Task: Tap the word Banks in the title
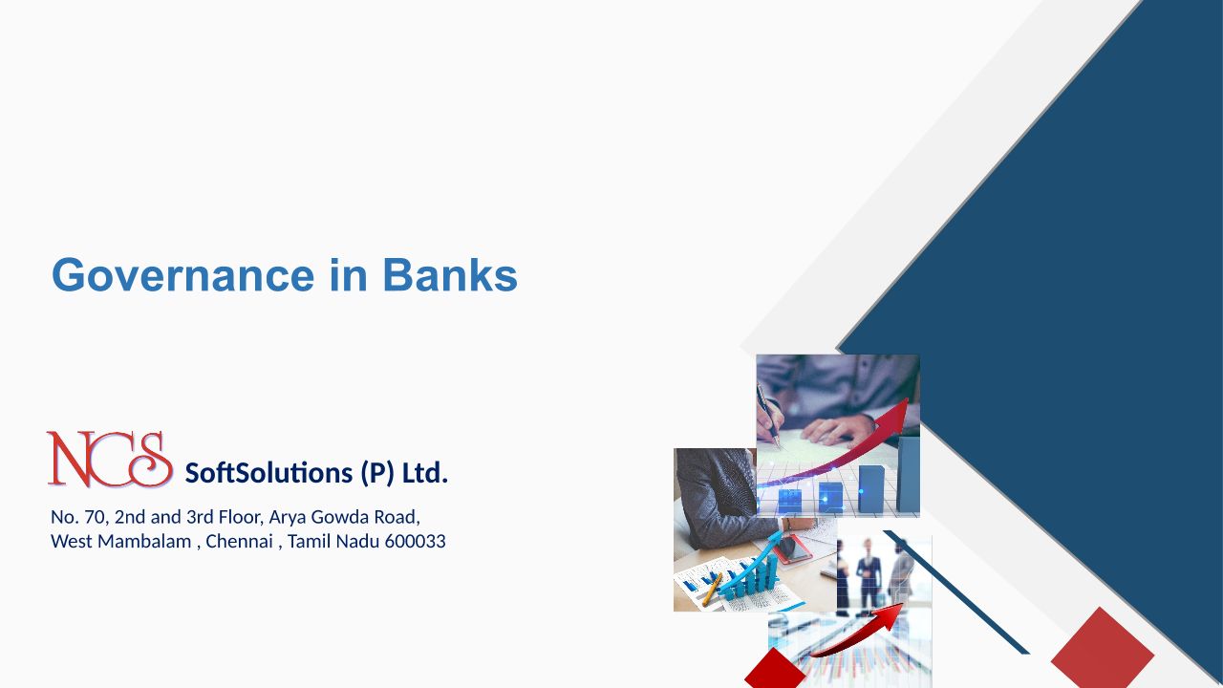click(x=450, y=274)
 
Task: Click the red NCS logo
click(x=110, y=460)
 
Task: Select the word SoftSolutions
click(x=268, y=473)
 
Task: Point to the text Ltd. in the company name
click(x=425, y=473)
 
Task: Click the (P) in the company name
click(x=376, y=473)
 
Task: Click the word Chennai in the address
click(x=239, y=541)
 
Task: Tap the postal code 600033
click(x=415, y=541)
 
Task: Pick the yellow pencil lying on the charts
click(x=712, y=588)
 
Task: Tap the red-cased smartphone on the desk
click(x=793, y=548)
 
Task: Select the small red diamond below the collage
click(x=774, y=668)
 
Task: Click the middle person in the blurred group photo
click(x=869, y=573)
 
